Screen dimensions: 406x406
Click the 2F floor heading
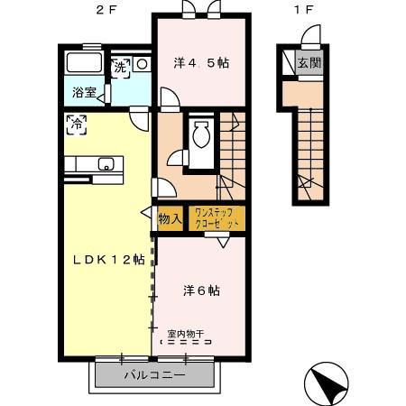click(x=106, y=10)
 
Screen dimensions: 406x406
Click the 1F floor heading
click(x=303, y=10)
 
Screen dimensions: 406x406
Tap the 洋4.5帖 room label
click(x=201, y=63)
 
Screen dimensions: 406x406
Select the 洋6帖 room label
click(x=201, y=291)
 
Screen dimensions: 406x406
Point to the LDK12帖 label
click(x=109, y=260)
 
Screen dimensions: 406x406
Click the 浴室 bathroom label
click(x=84, y=92)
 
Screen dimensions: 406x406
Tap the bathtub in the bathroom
click(x=84, y=62)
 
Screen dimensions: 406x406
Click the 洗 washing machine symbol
click(x=120, y=68)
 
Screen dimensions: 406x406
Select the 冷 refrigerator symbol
click(x=77, y=125)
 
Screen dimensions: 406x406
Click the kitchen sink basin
click(x=106, y=163)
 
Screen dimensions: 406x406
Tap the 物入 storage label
click(x=170, y=219)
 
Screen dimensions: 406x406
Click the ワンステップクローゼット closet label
click(x=217, y=218)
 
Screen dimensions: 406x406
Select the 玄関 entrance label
click(x=309, y=63)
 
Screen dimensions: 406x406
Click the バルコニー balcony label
click(x=155, y=374)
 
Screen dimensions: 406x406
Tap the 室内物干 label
click(x=186, y=334)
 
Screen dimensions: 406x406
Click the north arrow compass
click(x=326, y=383)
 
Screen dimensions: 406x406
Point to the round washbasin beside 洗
click(x=142, y=64)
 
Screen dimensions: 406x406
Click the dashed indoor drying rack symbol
click(x=186, y=342)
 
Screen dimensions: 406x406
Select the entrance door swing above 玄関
click(x=311, y=35)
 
